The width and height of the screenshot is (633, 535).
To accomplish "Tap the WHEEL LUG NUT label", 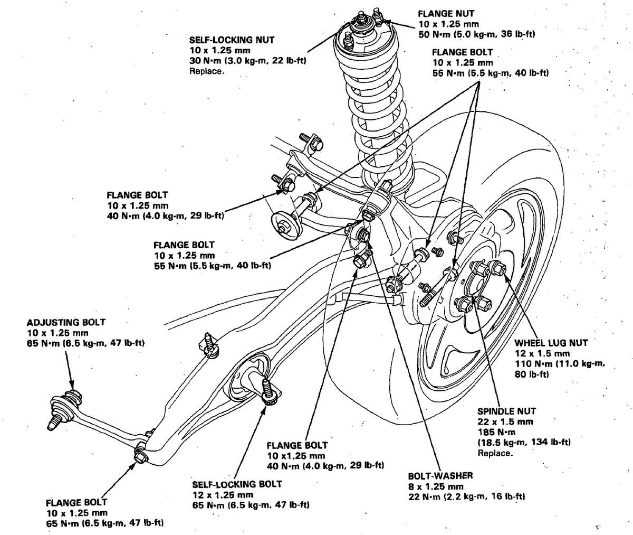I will [544, 343].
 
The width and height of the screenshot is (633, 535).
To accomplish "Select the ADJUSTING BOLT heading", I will [66, 322].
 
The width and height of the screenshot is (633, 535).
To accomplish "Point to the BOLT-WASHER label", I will [440, 475].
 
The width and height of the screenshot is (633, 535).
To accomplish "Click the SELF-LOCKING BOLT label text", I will [237, 484].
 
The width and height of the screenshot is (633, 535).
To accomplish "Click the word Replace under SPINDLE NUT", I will [495, 453].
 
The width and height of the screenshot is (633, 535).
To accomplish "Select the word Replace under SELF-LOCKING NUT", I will [206, 71].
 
